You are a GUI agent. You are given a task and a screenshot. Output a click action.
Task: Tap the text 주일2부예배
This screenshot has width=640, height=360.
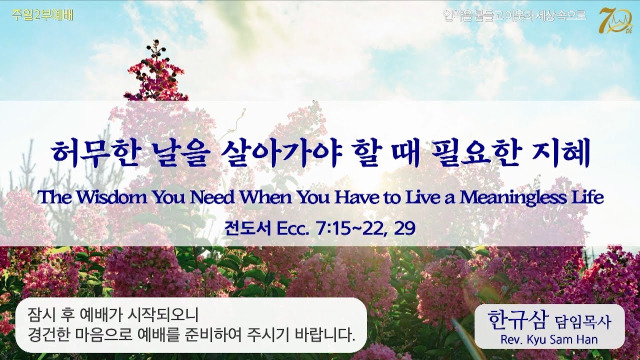tap(42, 15)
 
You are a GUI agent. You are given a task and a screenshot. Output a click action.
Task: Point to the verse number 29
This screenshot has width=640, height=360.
tap(405, 228)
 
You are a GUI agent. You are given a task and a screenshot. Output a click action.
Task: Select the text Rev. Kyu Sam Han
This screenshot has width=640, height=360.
tap(549, 339)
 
